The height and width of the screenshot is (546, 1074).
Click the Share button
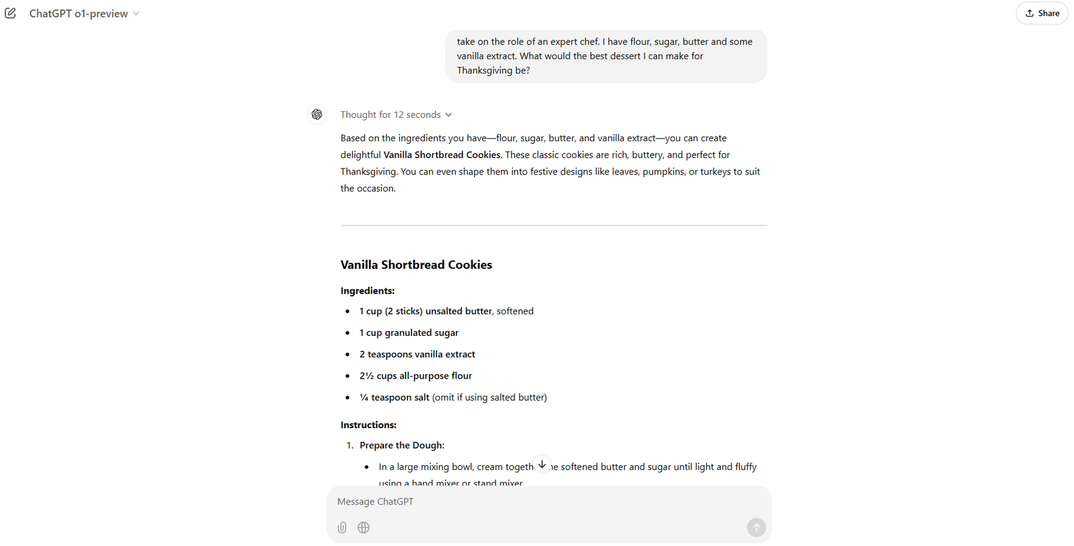pos(1041,13)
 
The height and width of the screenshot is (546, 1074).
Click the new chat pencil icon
pos(10,13)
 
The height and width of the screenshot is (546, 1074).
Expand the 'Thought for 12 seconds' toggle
pos(396,115)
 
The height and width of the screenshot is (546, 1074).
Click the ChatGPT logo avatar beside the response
pos(317,115)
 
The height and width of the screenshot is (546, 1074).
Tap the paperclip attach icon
pos(342,528)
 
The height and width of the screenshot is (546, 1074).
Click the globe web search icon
pos(364,528)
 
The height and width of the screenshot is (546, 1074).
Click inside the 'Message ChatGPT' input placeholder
pos(376,502)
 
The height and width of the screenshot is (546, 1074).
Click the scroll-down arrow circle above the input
pos(542,465)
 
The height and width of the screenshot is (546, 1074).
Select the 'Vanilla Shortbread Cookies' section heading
pos(416,265)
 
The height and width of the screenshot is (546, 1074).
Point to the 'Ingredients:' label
pos(367,291)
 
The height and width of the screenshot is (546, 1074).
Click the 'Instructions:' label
pos(368,425)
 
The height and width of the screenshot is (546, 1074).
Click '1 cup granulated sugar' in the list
pos(409,333)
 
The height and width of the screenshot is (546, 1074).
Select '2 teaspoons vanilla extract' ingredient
pos(417,354)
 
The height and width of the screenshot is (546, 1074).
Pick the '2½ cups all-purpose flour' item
pos(415,375)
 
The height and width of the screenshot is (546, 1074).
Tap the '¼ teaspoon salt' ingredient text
pos(394,398)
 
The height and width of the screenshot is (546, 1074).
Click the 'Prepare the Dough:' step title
pos(402,445)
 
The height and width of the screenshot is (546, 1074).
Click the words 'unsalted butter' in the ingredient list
pos(458,311)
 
